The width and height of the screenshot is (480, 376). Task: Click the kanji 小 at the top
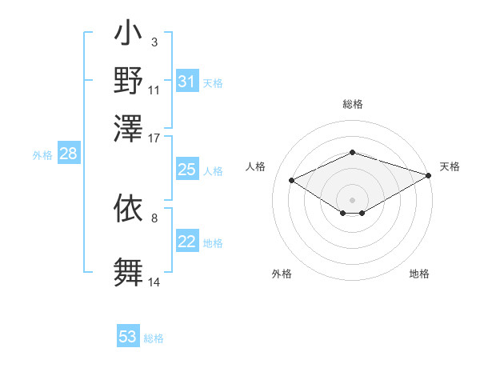click(x=128, y=37)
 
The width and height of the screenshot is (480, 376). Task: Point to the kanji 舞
click(x=128, y=271)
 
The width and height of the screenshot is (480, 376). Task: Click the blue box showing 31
click(x=187, y=82)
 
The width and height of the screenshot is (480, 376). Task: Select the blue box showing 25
click(x=187, y=170)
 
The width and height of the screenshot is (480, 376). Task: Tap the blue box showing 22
click(x=187, y=242)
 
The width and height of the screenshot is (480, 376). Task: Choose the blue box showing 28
click(x=69, y=154)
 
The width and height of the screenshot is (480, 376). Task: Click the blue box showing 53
click(x=128, y=337)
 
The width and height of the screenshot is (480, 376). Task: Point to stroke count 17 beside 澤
click(x=154, y=138)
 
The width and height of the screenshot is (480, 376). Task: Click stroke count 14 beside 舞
click(x=154, y=282)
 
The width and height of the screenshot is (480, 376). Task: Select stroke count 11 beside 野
click(x=154, y=90)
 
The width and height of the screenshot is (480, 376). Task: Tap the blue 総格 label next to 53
click(x=154, y=338)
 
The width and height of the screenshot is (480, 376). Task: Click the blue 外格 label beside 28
click(x=42, y=156)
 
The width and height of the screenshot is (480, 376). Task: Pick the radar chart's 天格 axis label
click(x=450, y=166)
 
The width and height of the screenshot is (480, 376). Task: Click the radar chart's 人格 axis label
click(x=256, y=166)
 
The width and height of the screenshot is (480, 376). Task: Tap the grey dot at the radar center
click(x=352, y=199)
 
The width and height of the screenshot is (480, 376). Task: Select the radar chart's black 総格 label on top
click(x=352, y=104)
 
